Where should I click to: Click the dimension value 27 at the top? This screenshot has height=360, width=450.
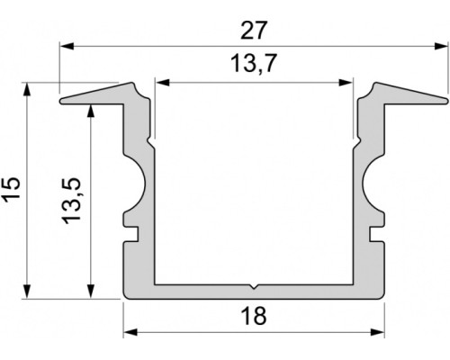255,30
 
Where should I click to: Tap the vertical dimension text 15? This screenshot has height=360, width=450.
12,189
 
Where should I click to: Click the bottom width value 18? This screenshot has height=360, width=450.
255,317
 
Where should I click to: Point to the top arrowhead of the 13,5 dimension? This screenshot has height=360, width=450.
91,110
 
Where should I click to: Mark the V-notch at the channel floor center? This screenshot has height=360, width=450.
255,289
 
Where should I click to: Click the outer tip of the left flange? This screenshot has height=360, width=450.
62,101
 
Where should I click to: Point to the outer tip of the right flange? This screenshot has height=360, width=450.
445,101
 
